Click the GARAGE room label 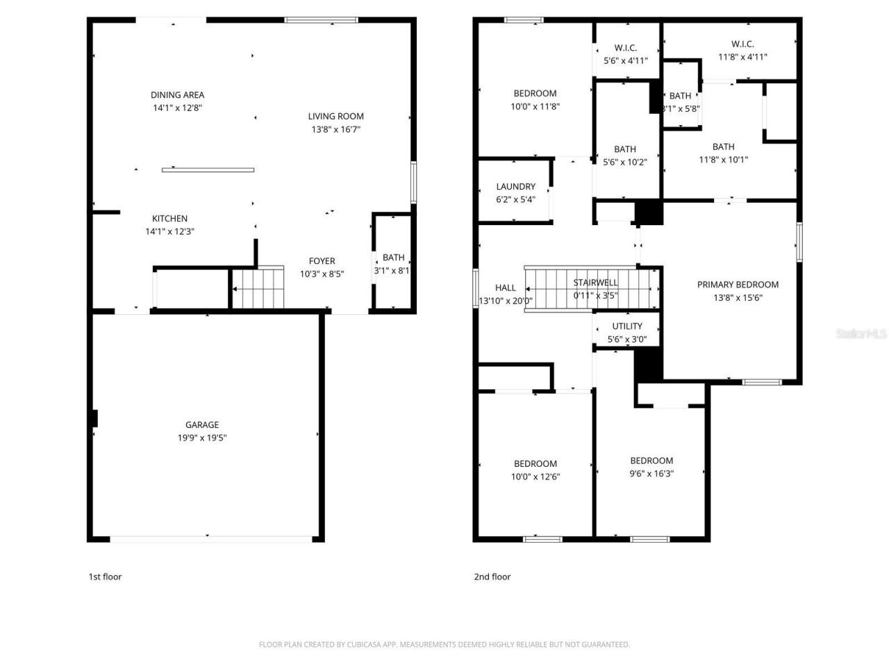coord(202,425)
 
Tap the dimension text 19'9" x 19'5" coord(202,438)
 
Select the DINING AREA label coord(177,95)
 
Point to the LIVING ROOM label coord(335,116)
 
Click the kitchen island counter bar coord(208,170)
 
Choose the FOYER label coord(322,261)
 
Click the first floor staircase coord(258,288)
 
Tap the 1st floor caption coord(105,577)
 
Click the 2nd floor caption coord(492,577)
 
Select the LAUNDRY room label coord(515,186)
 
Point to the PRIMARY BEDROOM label coord(738,284)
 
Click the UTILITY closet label coord(627,327)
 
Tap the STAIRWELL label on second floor coord(595,282)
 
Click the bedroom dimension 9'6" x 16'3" coord(651,474)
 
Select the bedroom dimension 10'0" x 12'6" coord(535,477)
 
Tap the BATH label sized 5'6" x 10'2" coord(625,149)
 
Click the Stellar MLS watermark coord(861,334)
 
